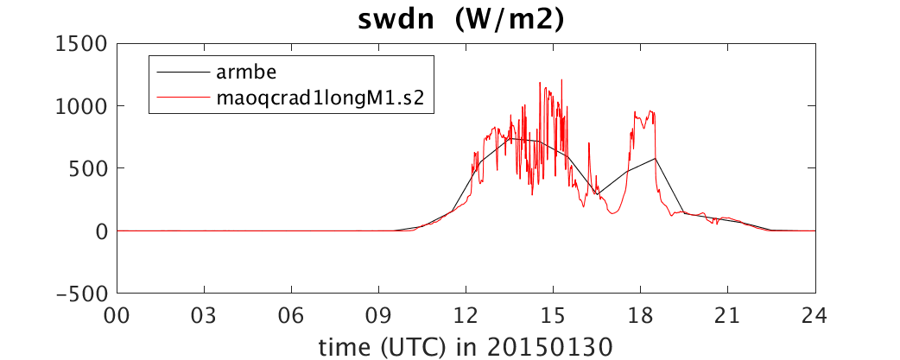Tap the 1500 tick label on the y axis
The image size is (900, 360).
click(x=82, y=44)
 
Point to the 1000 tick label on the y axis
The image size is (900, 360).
click(x=82, y=106)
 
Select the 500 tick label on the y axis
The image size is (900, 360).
click(x=89, y=168)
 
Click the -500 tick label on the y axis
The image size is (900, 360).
click(x=82, y=294)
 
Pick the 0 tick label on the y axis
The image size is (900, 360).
click(x=102, y=231)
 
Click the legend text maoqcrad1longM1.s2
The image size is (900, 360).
click(x=320, y=98)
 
